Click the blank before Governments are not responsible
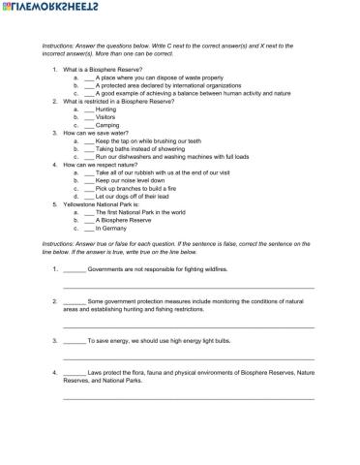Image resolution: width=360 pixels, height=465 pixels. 74,268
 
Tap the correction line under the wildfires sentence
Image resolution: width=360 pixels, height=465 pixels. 188,286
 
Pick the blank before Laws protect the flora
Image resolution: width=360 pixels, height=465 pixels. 74,372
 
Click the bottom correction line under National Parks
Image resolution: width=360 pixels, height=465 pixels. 188,397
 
